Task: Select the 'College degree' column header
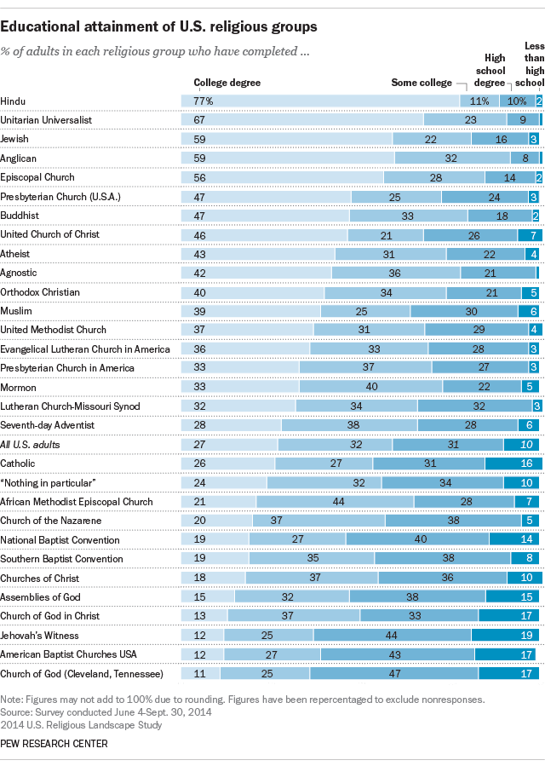[x=227, y=84]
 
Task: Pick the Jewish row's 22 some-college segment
[x=432, y=140]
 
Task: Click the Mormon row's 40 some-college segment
[x=371, y=387]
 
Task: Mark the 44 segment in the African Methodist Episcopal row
[x=339, y=502]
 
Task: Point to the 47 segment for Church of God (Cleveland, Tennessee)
[x=393, y=674]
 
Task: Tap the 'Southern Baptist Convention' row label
[x=62, y=559]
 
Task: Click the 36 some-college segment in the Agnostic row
[x=395, y=273]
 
